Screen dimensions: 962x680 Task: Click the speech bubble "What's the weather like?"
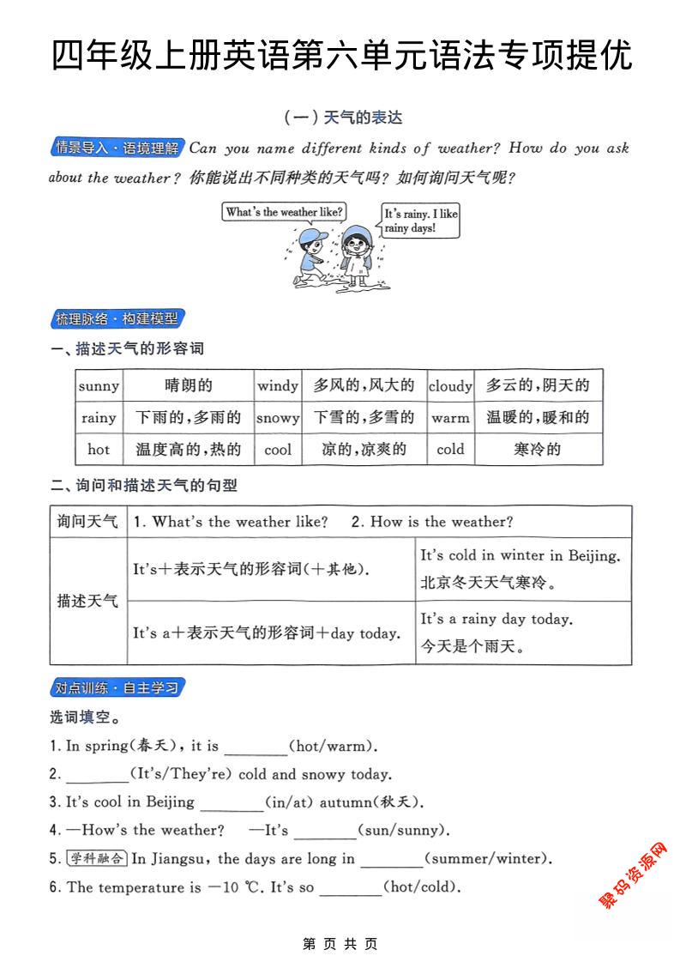point(285,212)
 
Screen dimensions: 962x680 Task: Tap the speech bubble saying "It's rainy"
point(420,221)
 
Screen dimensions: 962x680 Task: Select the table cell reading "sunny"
point(99,386)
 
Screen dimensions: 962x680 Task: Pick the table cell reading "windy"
point(278,386)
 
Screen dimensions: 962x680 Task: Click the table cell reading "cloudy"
point(450,386)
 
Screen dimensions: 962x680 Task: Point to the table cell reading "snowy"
point(278,418)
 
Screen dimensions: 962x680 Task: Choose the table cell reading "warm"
point(450,418)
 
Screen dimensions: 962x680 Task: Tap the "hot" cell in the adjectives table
point(99,449)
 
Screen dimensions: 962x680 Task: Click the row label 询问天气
point(87,522)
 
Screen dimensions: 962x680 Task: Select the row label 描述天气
point(87,601)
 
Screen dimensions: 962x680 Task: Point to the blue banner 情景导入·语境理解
point(117,148)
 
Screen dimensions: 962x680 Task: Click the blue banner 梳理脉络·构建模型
point(117,319)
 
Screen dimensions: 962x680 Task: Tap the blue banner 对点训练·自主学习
point(117,688)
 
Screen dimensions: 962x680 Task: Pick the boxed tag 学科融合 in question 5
point(97,858)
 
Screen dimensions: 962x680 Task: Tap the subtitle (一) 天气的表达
point(342,118)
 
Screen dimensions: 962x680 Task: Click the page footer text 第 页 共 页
point(340,944)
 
